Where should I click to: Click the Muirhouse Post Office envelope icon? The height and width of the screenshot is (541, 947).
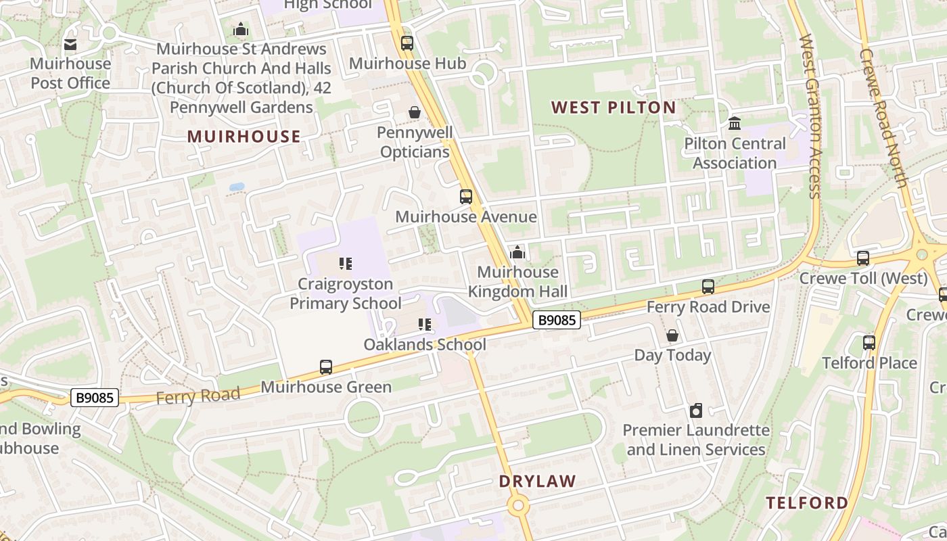point(70,45)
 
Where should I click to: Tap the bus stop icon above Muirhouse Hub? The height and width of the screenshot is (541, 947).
point(407,43)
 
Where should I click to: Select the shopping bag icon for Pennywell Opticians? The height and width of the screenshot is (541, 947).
point(414,112)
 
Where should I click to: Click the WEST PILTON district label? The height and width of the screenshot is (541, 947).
point(614,108)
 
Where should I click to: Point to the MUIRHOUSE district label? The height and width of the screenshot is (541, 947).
point(244,137)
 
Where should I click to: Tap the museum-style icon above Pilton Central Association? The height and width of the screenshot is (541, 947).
point(735,124)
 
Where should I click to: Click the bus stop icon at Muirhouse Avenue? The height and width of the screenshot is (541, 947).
point(466,197)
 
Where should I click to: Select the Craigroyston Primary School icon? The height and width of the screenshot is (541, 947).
point(346,264)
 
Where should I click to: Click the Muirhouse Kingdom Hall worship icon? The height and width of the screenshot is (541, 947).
point(517,253)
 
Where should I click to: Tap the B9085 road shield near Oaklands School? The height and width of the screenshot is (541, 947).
point(557,320)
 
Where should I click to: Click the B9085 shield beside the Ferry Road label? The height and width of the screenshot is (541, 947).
point(95,398)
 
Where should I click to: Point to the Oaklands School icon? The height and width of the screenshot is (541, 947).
point(425,325)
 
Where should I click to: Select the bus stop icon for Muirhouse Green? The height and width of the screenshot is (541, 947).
point(326,367)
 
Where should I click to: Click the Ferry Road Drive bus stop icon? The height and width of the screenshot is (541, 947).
point(708,287)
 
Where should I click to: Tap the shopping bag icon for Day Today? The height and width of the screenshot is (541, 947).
point(672,335)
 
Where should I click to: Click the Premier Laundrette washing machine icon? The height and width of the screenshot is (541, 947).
point(696,410)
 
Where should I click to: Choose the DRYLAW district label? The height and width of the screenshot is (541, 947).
point(538,481)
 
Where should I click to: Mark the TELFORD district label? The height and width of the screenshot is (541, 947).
point(807,502)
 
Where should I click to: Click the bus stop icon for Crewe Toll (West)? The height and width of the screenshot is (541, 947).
point(863,258)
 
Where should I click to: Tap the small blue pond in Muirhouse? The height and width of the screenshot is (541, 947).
point(237,187)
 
